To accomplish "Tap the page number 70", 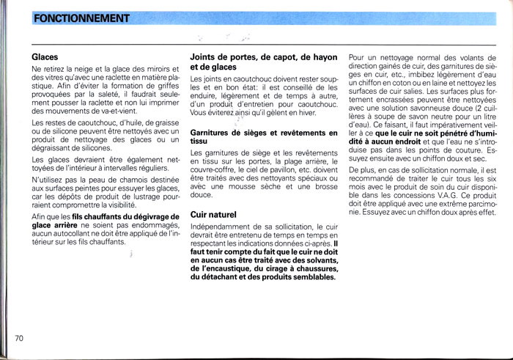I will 20,338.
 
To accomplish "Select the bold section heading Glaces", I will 45,56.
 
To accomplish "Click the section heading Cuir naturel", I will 213,215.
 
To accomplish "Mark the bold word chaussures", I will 311,269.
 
